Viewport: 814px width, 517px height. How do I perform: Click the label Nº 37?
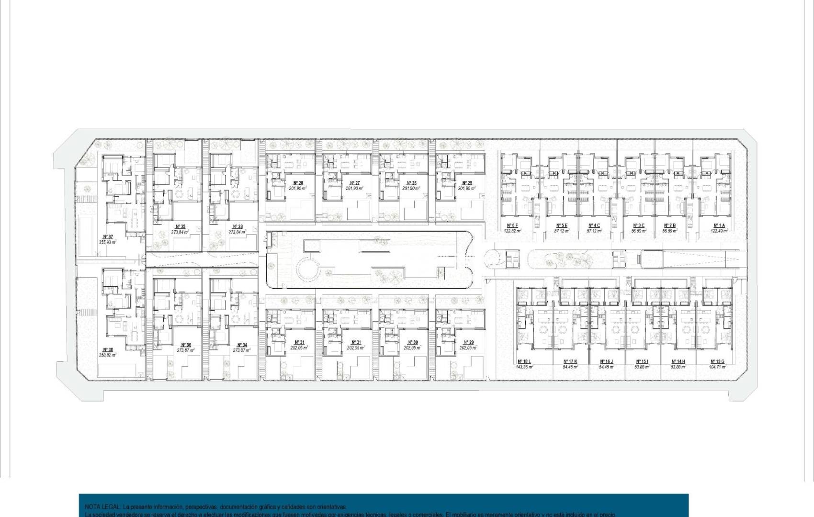[x=108, y=236]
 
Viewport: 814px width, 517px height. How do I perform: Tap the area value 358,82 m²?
[x=108, y=355]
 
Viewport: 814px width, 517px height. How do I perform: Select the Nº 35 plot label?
[x=181, y=226]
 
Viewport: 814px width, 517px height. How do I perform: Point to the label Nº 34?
[x=242, y=345]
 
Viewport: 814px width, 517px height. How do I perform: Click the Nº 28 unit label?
[x=298, y=183]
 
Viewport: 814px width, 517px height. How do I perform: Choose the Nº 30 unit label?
[x=412, y=342]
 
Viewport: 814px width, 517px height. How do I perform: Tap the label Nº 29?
[x=468, y=342]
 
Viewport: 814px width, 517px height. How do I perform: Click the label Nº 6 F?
[x=512, y=225]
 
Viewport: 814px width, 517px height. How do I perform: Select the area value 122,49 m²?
[x=719, y=231]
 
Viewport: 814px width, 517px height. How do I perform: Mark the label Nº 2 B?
[x=670, y=225]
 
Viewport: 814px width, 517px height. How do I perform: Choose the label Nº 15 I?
[x=642, y=361]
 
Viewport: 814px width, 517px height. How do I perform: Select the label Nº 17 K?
[x=570, y=361]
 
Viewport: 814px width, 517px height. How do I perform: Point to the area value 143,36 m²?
[x=524, y=367]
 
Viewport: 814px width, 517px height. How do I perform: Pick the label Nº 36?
[x=186, y=345]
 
